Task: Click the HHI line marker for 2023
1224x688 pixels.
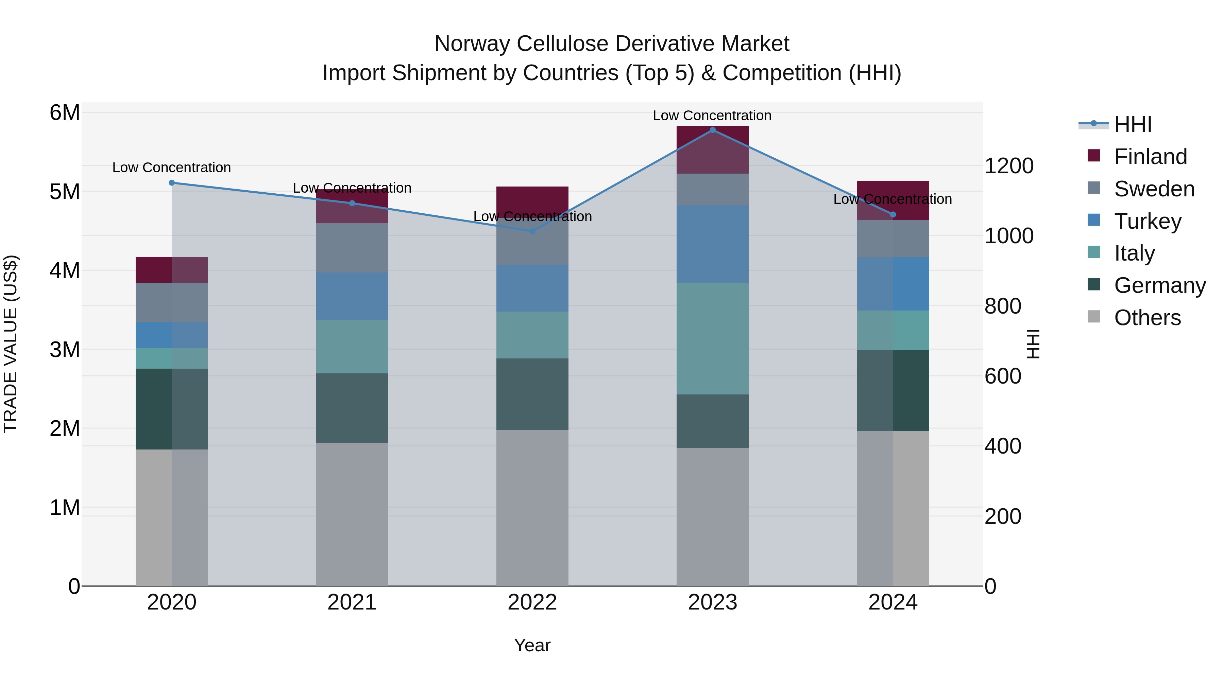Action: (712, 130)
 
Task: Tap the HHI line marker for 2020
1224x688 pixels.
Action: (172, 183)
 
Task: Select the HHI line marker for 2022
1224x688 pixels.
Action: (532, 231)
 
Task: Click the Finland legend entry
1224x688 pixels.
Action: (1150, 157)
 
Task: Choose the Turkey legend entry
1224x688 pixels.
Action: (1147, 221)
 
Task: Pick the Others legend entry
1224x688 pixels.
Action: (1147, 318)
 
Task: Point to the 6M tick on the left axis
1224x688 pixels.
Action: (65, 113)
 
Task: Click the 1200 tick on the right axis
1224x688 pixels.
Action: (1008, 166)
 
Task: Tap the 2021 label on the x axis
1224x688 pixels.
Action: (352, 602)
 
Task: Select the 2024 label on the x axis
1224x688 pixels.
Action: (893, 602)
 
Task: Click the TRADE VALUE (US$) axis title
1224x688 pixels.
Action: (11, 344)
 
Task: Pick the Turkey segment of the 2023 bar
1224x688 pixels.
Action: (712, 244)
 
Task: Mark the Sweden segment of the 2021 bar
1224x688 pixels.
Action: (352, 248)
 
